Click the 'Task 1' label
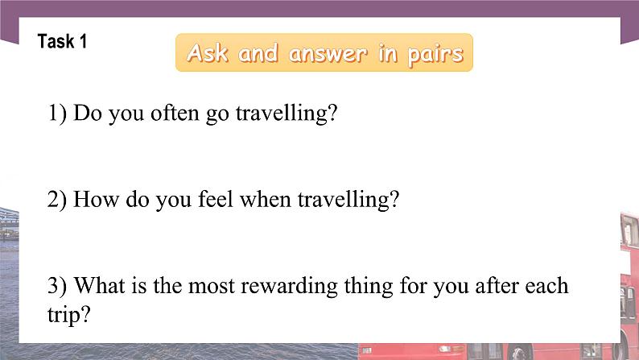click(x=62, y=42)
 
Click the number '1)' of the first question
click(x=58, y=114)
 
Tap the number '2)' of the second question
click(x=58, y=200)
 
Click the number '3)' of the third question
click(x=58, y=287)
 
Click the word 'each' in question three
click(x=549, y=287)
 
